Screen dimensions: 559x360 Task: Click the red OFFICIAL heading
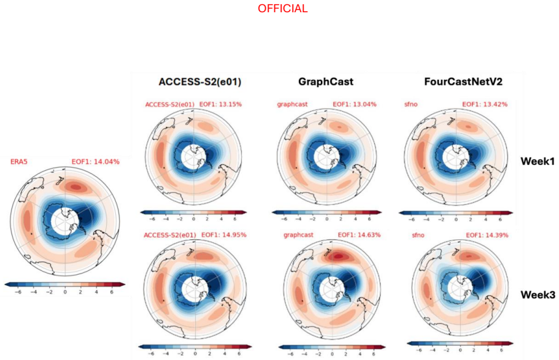tap(282, 9)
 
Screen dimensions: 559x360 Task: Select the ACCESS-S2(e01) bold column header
tap(199, 82)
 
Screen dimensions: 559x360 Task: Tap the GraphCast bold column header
tap(326, 82)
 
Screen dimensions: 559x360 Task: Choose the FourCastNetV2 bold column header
tap(463, 82)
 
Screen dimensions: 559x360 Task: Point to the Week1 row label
tap(538, 161)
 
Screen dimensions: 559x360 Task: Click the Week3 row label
tap(538, 295)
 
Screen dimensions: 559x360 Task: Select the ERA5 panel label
tap(19, 162)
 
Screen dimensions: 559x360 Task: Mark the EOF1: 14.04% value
tap(96, 162)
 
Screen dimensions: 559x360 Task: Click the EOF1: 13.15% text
tap(220, 104)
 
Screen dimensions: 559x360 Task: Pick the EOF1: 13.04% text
tap(355, 104)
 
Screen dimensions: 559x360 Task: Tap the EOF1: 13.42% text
tap(485, 104)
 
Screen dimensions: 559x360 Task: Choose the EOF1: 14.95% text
tap(224, 235)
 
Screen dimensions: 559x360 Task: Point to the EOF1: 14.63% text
tap(359, 235)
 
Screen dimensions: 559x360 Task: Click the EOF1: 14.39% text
tap(487, 236)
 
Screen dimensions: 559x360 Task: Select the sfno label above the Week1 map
tap(411, 104)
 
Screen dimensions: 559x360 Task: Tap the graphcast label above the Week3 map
tap(298, 236)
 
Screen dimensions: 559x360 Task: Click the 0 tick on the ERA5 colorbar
tap(65, 292)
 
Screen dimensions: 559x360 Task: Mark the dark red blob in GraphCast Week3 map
tap(338, 256)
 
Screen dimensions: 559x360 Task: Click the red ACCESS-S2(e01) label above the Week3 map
tap(170, 236)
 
